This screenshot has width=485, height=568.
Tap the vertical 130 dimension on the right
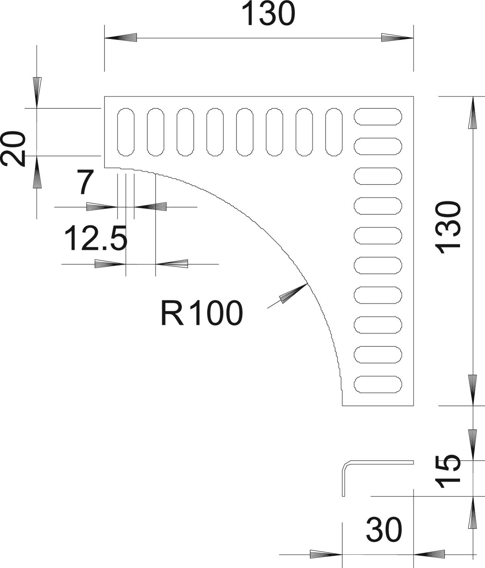[x=449, y=225]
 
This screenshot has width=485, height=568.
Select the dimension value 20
[x=14, y=149]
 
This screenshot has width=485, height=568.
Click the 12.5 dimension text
[x=96, y=239]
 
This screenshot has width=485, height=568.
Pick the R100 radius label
[x=201, y=313]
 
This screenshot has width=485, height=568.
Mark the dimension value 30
[x=384, y=530]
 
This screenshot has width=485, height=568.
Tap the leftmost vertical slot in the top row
[x=126, y=132]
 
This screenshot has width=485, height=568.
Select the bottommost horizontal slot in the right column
[x=378, y=385]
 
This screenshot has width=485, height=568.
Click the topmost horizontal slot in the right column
[x=378, y=117]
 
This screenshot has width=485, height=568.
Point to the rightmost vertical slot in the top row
[x=334, y=132]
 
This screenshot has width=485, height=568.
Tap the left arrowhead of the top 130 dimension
[x=120, y=38]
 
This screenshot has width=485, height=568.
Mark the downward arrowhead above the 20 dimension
[x=37, y=92]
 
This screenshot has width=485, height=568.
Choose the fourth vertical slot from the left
[x=215, y=132]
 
